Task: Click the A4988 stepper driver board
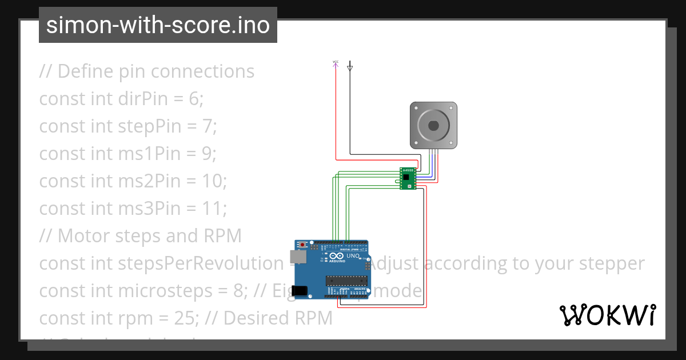(x=407, y=178)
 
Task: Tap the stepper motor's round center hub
(x=433, y=125)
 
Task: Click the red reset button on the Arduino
(x=302, y=245)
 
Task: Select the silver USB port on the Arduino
(x=298, y=257)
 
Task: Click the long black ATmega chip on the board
(x=345, y=280)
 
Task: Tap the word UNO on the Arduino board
(x=353, y=256)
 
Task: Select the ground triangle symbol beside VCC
(x=350, y=68)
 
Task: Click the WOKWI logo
(x=607, y=315)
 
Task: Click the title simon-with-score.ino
(x=158, y=25)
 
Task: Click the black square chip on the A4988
(x=406, y=178)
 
